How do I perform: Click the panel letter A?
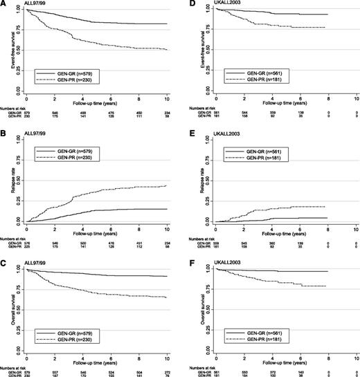click(4, 3)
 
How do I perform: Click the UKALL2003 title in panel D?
click(210, 4)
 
